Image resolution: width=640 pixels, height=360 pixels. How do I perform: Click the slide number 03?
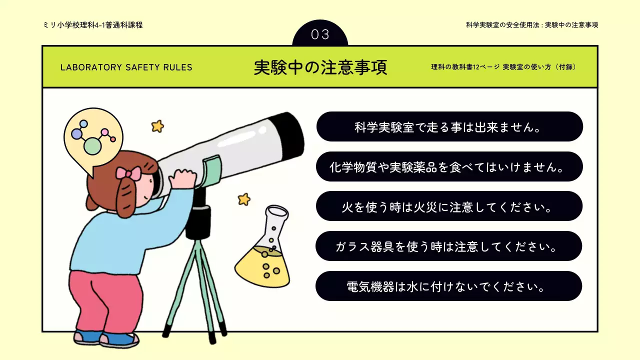(320, 34)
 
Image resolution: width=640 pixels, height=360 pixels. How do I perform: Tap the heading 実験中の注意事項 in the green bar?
(320, 67)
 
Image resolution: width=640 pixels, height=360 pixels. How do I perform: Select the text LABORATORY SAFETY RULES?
(126, 67)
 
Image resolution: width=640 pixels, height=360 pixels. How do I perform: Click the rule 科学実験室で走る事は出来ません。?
(449, 126)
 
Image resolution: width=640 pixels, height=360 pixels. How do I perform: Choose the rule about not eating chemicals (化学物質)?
(449, 166)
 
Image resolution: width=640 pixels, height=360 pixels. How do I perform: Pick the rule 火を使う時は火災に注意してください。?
(449, 206)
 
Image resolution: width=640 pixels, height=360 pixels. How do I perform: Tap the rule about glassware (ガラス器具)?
(449, 246)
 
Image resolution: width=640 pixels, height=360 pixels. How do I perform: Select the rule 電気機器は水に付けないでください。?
(449, 286)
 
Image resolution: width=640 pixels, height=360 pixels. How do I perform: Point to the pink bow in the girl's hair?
(128, 173)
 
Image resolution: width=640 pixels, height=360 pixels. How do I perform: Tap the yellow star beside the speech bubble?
(158, 126)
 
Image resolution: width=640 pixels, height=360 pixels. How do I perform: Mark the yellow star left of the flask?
(244, 199)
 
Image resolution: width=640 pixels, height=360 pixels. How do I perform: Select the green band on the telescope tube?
(212, 169)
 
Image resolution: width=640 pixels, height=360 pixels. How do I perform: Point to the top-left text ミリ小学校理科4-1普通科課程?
(93, 25)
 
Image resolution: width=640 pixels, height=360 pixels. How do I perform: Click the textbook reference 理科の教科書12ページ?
(465, 67)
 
